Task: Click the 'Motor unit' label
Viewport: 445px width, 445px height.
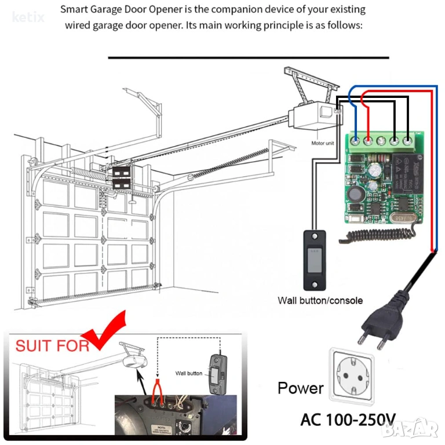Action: [x=323, y=143]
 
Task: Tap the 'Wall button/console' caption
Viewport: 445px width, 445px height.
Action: [x=320, y=300]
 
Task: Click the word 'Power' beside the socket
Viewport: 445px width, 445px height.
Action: [x=300, y=388]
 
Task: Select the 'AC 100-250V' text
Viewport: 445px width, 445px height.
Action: [x=348, y=419]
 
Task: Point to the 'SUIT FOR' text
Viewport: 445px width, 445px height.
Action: [x=52, y=346]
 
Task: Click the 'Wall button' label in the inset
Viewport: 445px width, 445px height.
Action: [x=189, y=373]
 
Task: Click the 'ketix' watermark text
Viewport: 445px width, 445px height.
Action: [x=27, y=17]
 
